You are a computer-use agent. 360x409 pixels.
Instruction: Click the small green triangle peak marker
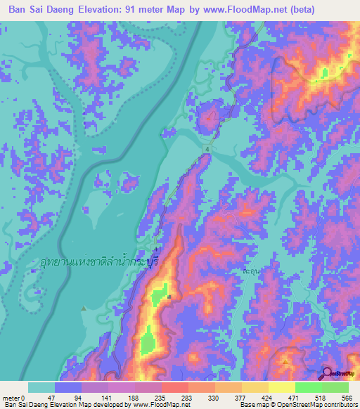tap(84, 308)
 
